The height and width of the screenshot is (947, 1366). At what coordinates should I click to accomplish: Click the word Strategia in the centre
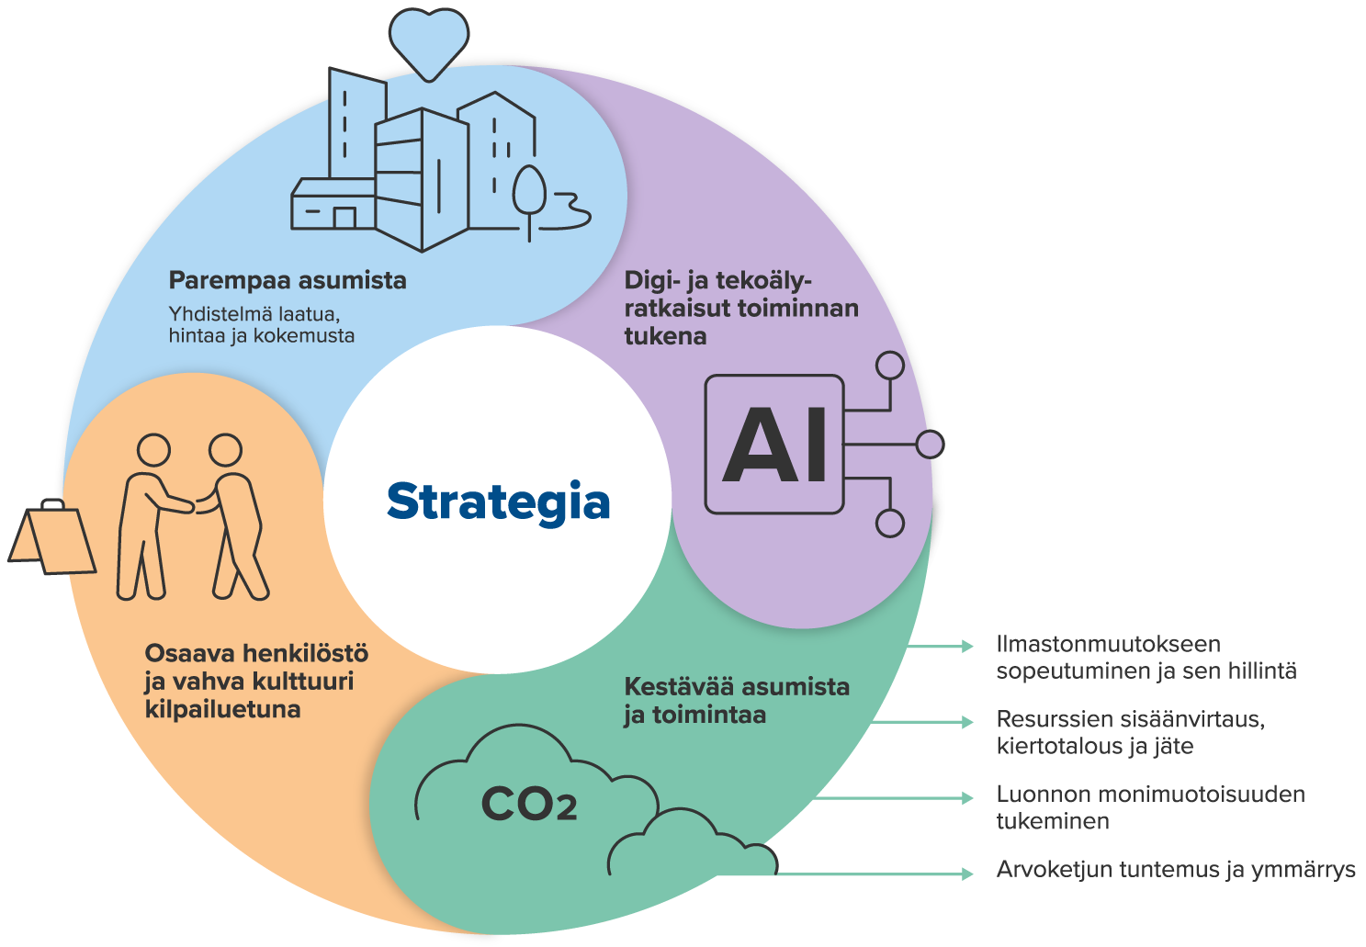(x=498, y=502)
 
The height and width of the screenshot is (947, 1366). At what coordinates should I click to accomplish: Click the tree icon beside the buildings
(x=529, y=202)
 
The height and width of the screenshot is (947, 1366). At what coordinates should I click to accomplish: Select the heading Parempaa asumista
(x=288, y=280)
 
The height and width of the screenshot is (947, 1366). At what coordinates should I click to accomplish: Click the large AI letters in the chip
(x=774, y=445)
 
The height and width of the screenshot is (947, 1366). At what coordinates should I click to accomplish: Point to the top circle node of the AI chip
(x=890, y=366)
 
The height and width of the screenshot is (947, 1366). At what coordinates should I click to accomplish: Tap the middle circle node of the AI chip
(x=930, y=444)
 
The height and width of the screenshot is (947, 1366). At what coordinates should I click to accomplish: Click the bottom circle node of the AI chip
(x=890, y=524)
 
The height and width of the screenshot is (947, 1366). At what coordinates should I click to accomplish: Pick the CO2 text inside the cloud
(x=529, y=804)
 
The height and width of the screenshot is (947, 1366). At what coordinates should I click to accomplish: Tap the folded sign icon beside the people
(x=51, y=537)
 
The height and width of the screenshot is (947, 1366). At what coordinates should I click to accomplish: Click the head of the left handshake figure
(x=153, y=450)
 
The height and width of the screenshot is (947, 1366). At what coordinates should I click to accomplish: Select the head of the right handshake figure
(x=226, y=450)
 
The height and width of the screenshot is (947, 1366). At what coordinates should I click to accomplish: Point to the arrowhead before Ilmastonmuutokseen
(x=967, y=647)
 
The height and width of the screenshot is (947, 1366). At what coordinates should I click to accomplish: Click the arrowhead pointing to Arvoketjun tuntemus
(x=967, y=874)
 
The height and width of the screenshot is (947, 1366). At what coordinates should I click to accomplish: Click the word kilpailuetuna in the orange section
(x=222, y=709)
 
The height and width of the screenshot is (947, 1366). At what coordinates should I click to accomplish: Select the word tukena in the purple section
(x=665, y=336)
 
